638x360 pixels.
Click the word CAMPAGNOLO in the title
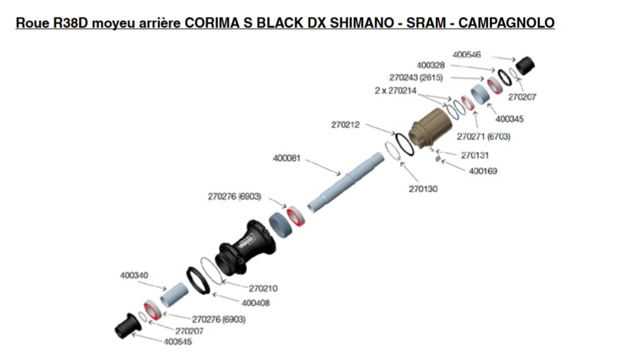pos(506,23)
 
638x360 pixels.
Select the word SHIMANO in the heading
pos(362,23)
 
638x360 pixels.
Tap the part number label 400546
pos(467,55)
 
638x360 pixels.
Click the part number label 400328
pos(431,65)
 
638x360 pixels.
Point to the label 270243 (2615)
pos(416,78)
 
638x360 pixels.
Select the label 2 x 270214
pos(396,91)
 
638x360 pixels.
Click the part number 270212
pos(345,125)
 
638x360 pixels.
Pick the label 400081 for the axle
pos(287,158)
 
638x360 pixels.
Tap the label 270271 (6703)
pos(484,136)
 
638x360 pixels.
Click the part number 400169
pos(483,171)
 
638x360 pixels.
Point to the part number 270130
pos(423,189)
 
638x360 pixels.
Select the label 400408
pos(255,303)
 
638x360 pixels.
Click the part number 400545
pos(178,342)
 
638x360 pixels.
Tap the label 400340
pos(134,275)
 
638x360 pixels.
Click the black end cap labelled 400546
pos(525,66)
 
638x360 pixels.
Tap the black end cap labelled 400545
pos(128,326)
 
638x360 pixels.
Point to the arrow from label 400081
pos(323,168)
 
